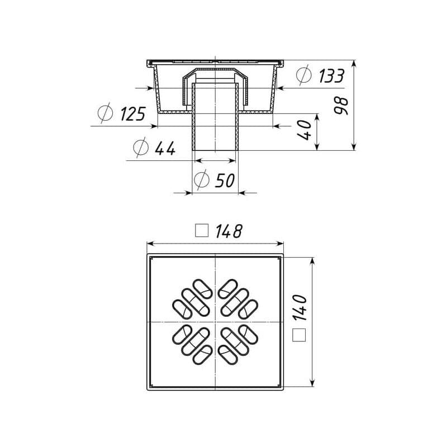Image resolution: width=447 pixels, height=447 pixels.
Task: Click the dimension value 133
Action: (331, 76)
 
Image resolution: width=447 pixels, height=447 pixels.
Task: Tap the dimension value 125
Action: (133, 113)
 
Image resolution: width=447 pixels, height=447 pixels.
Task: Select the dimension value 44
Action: (165, 148)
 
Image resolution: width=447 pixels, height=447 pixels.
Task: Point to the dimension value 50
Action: (225, 180)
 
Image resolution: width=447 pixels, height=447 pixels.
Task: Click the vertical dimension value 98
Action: (341, 106)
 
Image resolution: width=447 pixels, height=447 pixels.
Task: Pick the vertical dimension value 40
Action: (304, 130)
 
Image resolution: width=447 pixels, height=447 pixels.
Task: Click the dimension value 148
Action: (229, 231)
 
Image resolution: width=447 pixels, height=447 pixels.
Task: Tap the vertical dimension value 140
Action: (299, 308)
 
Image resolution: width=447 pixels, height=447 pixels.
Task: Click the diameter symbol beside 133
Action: (304, 75)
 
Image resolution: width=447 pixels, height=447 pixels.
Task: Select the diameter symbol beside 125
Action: (105, 113)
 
